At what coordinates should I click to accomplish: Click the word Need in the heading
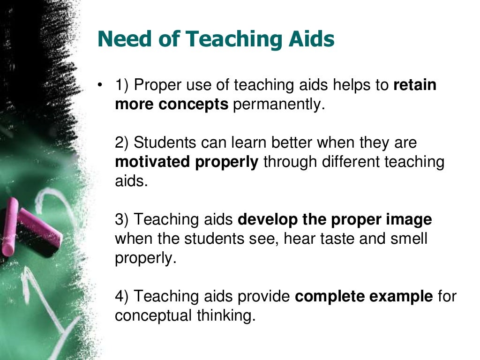pyautogui.click(x=121, y=39)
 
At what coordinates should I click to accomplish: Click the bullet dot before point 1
pyautogui.click(x=99, y=85)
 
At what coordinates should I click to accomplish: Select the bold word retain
pyautogui.click(x=415, y=85)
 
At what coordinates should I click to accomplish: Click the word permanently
pyautogui.click(x=279, y=105)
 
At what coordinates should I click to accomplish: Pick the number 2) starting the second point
pyautogui.click(x=122, y=142)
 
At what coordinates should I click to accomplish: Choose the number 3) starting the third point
pyautogui.click(x=122, y=219)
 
